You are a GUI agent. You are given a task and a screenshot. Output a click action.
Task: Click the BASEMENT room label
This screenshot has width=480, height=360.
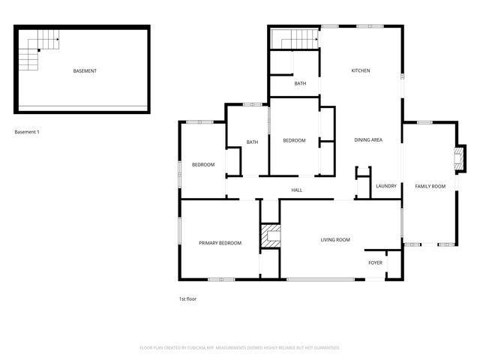(x=85, y=71)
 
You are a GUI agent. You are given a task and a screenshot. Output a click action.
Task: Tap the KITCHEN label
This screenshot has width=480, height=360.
(x=361, y=71)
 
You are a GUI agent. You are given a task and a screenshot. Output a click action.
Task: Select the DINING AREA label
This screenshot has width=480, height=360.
(x=368, y=140)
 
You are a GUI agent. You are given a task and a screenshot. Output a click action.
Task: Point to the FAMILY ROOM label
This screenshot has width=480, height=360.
(x=430, y=186)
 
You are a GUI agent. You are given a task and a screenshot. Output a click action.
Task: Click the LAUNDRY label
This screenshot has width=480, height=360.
(x=385, y=186)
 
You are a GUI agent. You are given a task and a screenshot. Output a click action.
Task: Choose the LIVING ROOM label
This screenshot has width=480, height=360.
(x=335, y=240)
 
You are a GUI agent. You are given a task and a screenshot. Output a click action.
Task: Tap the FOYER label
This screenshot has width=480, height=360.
(x=375, y=263)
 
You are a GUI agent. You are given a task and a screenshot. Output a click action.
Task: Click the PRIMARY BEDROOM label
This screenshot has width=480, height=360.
(x=220, y=243)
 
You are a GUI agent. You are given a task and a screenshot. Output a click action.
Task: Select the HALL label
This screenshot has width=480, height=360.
(x=296, y=190)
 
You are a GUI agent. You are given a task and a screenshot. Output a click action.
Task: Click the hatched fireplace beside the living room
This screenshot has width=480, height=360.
(x=269, y=235)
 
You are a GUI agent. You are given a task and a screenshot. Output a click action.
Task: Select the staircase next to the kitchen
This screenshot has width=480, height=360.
(x=295, y=39)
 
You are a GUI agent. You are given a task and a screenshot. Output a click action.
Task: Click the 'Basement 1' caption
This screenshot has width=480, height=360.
(x=27, y=132)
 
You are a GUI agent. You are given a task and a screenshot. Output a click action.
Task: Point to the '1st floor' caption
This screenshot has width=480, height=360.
(x=187, y=298)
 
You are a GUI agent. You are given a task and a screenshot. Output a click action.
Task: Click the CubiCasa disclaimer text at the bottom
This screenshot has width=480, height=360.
(x=240, y=348)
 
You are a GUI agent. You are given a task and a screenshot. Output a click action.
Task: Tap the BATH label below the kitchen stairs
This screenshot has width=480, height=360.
(x=300, y=84)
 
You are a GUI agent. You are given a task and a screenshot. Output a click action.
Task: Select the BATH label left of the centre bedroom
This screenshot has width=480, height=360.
(x=252, y=142)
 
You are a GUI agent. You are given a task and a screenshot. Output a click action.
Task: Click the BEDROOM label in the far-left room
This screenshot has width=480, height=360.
(x=203, y=165)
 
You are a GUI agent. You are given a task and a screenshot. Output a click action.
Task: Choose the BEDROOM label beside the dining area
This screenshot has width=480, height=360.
(x=294, y=141)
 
